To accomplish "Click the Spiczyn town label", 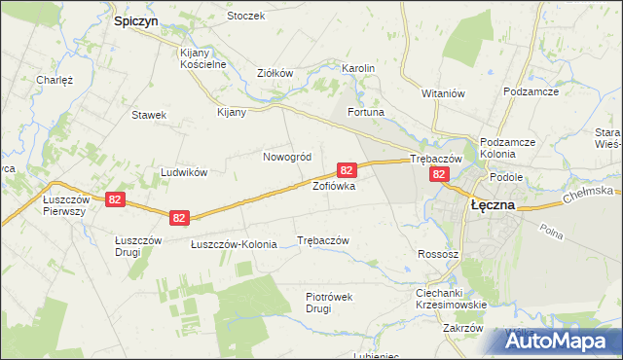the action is (136, 19).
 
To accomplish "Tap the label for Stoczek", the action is (245, 17).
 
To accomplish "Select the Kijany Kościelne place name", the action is (202, 58).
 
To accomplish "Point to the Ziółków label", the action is (275, 73).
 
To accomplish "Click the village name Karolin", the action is (358, 69).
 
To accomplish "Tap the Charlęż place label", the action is (55, 81).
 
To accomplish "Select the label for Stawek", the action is (150, 115).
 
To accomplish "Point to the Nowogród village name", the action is (287, 157).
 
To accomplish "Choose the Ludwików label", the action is (185, 172).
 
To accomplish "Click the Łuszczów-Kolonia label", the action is (234, 244).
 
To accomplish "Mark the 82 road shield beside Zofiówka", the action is (347, 169).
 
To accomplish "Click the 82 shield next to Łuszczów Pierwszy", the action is (116, 198).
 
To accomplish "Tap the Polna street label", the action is (552, 234).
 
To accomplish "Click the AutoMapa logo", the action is (559, 341).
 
